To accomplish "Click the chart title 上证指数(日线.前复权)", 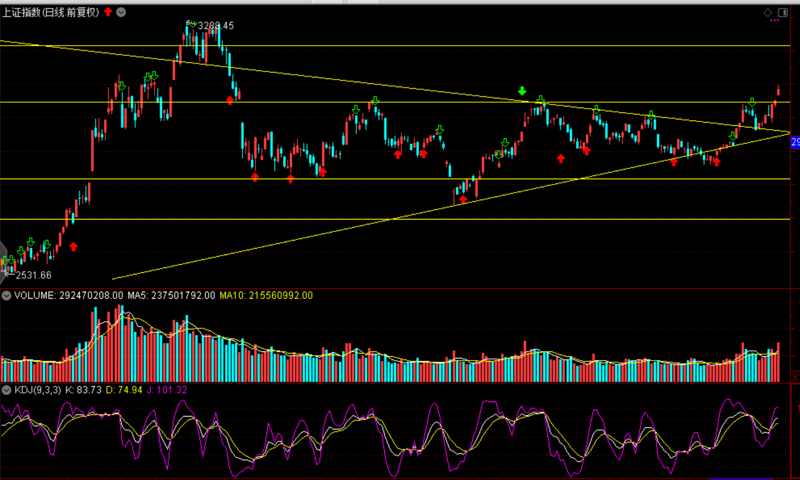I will click(x=51, y=12).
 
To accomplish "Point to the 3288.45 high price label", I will click(x=216, y=26).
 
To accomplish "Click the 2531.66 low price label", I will click(x=33, y=276).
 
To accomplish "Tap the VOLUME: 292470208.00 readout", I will click(x=68, y=295).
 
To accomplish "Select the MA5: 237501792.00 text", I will click(x=171, y=295).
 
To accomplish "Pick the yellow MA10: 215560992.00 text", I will click(x=266, y=295).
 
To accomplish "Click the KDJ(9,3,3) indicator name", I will click(x=38, y=390).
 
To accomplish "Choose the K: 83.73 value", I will click(x=83, y=390).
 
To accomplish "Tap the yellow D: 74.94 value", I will click(x=124, y=390).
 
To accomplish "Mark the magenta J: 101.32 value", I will click(x=167, y=390).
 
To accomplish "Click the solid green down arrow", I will click(x=522, y=91).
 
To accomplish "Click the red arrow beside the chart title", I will click(x=108, y=12).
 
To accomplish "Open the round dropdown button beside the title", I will click(x=121, y=12).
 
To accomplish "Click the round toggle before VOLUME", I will click(x=6, y=295).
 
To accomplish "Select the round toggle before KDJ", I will click(x=6, y=390).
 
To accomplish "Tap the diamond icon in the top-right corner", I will click(x=768, y=12).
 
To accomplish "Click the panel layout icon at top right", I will click(x=783, y=12).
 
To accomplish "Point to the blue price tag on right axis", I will click(x=795, y=142).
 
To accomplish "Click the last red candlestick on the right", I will click(x=778, y=90).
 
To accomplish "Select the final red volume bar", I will click(x=778, y=362).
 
